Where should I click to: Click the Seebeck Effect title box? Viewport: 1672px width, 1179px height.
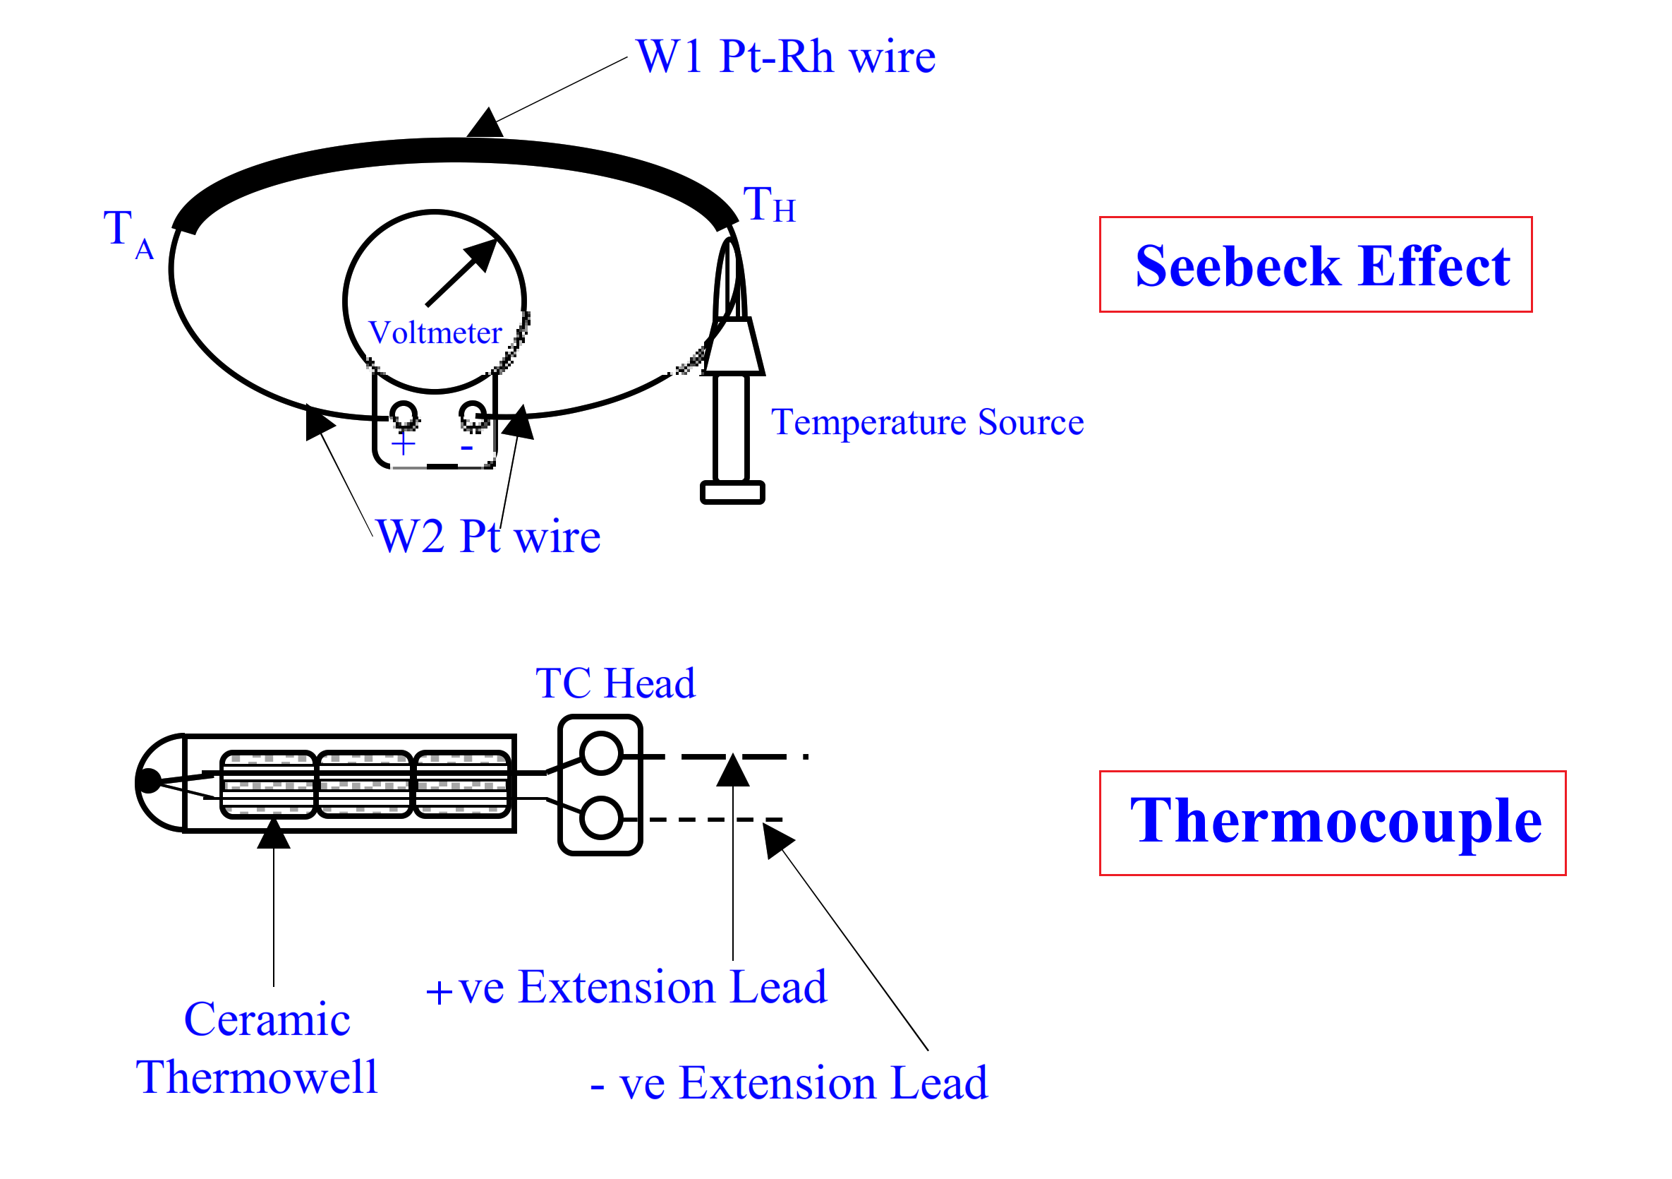pos(1315,265)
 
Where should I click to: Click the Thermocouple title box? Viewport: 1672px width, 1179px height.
pos(1332,822)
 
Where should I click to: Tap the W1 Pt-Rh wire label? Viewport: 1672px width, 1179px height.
pos(785,57)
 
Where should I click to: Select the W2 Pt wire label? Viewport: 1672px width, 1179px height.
pos(488,537)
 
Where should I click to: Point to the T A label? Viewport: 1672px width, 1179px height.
pos(128,233)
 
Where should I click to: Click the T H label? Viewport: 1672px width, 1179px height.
pos(768,205)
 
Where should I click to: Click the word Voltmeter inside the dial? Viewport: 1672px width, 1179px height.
pos(435,333)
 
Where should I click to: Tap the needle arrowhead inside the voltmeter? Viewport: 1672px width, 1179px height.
pos(483,254)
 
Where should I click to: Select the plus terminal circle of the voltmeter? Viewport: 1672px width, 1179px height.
pos(404,415)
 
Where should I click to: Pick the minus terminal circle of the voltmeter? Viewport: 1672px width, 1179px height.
pos(473,415)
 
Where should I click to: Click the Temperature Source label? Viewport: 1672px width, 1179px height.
pos(927,423)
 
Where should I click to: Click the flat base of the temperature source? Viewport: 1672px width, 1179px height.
pos(732,493)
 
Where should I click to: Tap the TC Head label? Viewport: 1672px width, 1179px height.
pos(615,683)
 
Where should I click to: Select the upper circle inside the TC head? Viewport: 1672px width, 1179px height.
pos(601,753)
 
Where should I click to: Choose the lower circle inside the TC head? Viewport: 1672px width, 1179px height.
pos(601,818)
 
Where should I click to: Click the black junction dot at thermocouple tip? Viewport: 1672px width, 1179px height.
pos(149,781)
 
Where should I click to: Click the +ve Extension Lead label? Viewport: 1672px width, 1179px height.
pos(626,988)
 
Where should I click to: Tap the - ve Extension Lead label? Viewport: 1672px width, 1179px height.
pos(789,1084)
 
